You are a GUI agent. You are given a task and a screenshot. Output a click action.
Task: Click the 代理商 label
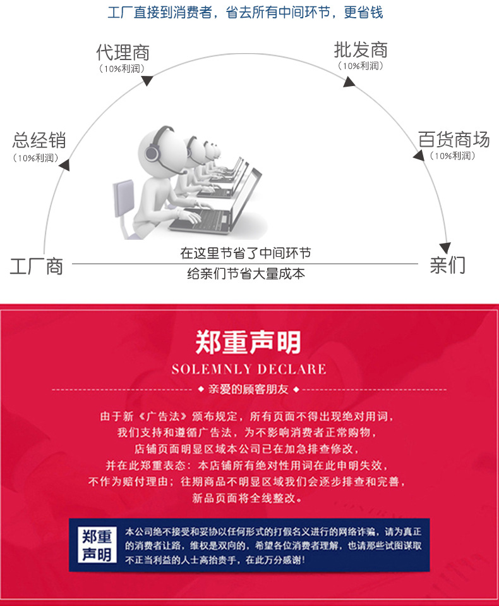(123, 52)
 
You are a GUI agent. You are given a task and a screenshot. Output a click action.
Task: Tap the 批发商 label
(361, 50)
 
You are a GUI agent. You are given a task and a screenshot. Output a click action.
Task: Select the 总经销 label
(39, 140)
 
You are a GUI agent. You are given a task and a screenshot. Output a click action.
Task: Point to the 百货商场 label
(454, 139)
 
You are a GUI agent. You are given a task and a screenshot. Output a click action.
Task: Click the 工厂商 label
(36, 266)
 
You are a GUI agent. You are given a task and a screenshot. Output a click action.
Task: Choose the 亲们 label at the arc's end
(448, 265)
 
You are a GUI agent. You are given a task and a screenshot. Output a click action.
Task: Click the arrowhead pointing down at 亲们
(445, 248)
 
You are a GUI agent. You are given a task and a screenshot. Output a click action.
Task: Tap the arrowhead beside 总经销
(64, 164)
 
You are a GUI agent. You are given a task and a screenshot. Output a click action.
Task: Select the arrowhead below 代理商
(147, 80)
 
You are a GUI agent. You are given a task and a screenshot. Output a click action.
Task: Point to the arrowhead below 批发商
(349, 82)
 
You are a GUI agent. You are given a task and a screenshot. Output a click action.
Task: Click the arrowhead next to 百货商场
(419, 156)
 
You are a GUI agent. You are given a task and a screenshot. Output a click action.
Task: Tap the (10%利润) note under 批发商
(361, 66)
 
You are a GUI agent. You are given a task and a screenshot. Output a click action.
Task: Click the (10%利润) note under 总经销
(36, 158)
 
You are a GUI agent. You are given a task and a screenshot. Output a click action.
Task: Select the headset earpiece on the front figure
(152, 153)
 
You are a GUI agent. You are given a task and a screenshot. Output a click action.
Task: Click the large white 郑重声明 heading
(248, 342)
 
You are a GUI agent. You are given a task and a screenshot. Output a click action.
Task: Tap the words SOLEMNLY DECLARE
(249, 369)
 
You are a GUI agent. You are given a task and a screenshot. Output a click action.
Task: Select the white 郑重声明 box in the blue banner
(97, 545)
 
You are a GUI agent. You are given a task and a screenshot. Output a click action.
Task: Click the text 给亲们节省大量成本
(246, 274)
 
